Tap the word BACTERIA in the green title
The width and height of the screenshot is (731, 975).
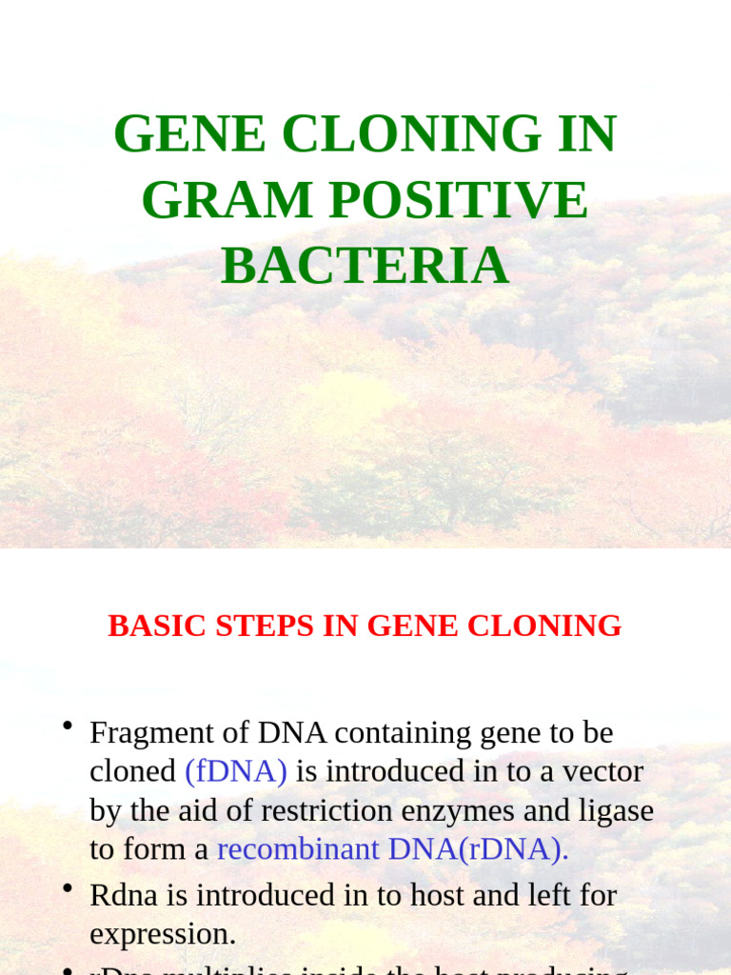pyautogui.click(x=365, y=266)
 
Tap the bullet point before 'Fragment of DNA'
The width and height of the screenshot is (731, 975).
pyautogui.click(x=68, y=727)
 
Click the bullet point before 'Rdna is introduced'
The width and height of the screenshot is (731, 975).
pyautogui.click(x=68, y=889)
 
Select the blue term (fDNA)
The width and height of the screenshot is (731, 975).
pyautogui.click(x=236, y=771)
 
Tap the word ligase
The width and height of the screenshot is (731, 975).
pyautogui.click(x=617, y=810)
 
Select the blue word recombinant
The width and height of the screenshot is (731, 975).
pyautogui.click(x=298, y=848)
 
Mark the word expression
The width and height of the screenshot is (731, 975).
pyautogui.click(x=162, y=934)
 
